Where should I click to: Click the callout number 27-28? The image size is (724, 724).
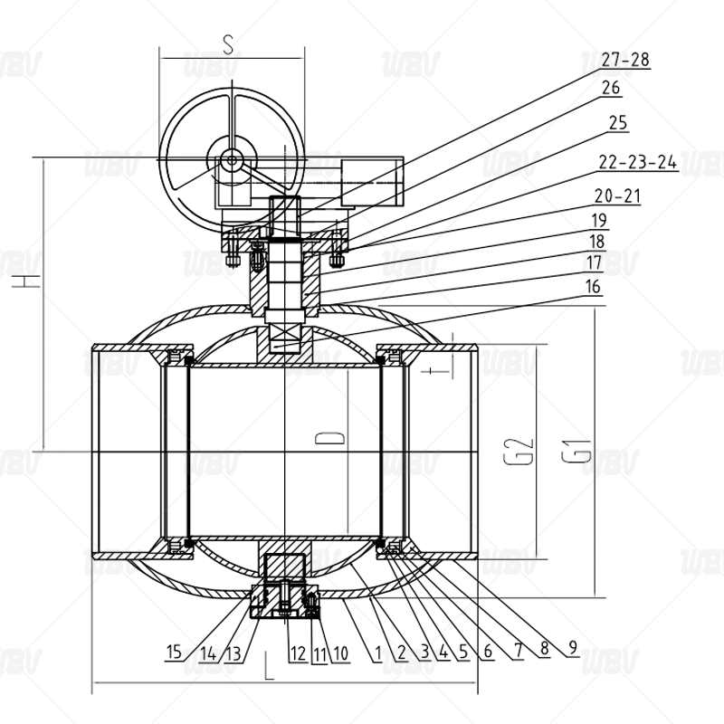(625, 60)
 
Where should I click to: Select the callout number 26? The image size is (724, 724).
(611, 88)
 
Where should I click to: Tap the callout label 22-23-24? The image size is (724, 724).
(638, 162)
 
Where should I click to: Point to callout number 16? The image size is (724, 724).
(593, 286)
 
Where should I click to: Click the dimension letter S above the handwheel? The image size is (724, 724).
(228, 44)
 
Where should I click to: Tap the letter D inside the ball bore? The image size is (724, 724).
(329, 438)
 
